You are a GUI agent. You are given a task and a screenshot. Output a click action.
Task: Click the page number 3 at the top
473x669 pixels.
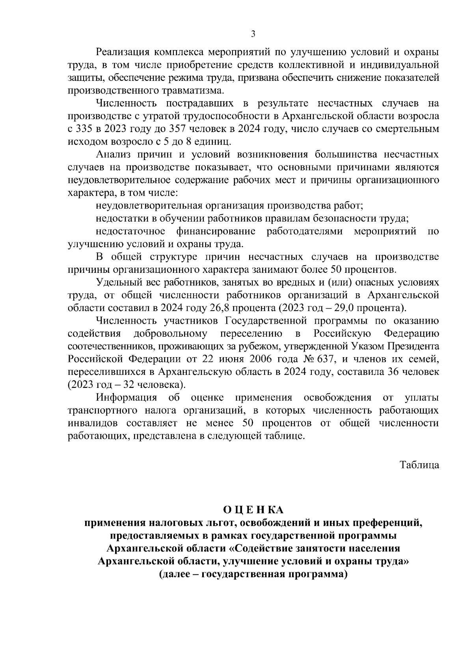[253, 34]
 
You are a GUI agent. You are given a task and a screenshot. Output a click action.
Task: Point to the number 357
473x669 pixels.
[177, 129]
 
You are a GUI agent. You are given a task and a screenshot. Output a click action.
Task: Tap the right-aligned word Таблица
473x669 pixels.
[419, 465]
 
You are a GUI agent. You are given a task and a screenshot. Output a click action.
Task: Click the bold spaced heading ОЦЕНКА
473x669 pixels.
[253, 510]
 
